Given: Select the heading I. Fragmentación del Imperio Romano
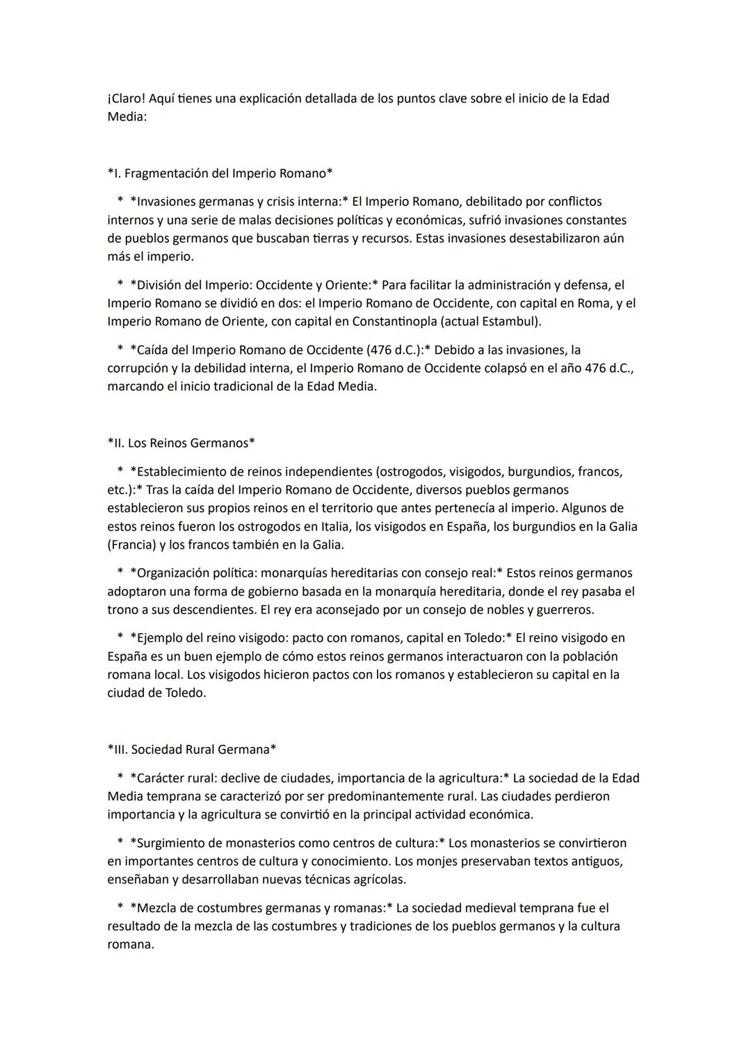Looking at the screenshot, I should [x=220, y=173].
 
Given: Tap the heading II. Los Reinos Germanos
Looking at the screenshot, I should [x=181, y=443].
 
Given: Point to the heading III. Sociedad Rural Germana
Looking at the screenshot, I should [x=192, y=750].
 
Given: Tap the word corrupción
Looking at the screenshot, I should [x=137, y=368].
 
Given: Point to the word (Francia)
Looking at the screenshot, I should [x=132, y=545].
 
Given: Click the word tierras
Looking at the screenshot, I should [x=334, y=239].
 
